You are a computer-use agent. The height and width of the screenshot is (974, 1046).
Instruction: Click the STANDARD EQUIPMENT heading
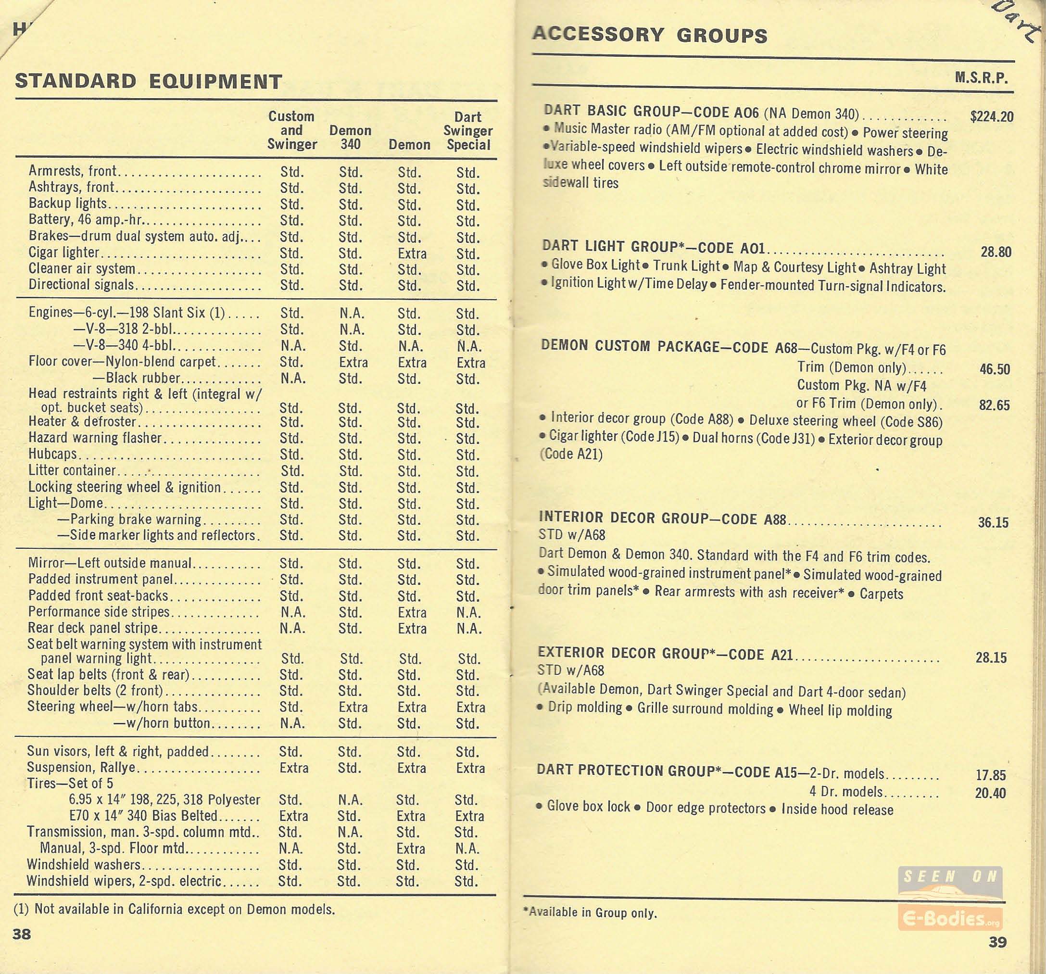149,82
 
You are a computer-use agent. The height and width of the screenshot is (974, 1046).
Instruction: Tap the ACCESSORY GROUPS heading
649,35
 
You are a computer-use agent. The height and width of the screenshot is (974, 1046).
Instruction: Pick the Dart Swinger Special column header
468,130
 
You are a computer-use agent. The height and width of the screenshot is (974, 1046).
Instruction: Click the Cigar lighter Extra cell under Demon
412,253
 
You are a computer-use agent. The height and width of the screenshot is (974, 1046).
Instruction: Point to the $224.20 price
991,116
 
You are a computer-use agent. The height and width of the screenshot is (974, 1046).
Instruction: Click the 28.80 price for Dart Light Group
996,252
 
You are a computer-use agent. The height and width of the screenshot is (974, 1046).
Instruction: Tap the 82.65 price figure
994,405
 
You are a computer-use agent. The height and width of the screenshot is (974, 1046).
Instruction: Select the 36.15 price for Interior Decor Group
993,522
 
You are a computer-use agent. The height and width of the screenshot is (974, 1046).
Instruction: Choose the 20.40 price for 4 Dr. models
990,793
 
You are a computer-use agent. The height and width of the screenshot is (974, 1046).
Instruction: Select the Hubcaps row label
52,454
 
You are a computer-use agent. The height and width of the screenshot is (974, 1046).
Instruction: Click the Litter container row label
72,470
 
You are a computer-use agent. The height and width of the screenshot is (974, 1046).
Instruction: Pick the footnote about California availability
174,909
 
